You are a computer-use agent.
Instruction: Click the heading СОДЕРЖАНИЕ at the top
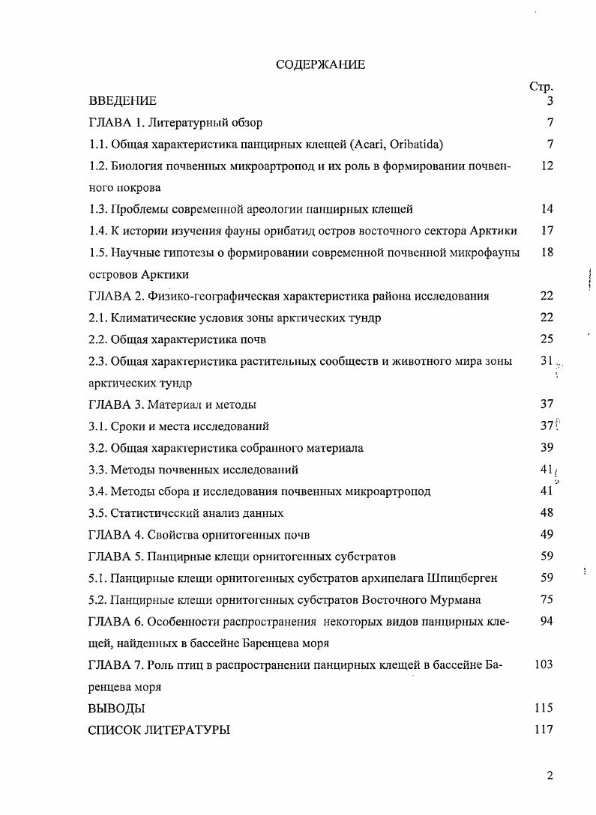coord(320,64)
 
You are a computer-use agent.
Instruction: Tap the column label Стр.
coord(541,87)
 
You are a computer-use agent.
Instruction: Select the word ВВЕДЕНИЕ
coord(122,101)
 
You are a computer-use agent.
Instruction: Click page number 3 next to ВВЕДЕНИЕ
coord(550,101)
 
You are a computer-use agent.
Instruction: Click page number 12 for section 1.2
coord(547,166)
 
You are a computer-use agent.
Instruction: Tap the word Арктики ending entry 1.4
coord(496,231)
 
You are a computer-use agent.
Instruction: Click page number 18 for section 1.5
coord(547,252)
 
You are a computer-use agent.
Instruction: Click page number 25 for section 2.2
coord(547,339)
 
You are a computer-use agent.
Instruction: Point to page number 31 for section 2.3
coord(547,361)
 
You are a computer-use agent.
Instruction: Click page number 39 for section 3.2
coord(547,448)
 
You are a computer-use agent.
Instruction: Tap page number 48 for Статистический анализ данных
coord(547,513)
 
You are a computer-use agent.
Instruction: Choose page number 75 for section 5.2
coord(547,599)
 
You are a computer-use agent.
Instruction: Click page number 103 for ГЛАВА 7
coord(544,664)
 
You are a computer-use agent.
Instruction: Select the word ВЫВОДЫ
coord(116,708)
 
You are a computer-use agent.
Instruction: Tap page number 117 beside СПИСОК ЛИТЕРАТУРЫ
coord(544,730)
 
